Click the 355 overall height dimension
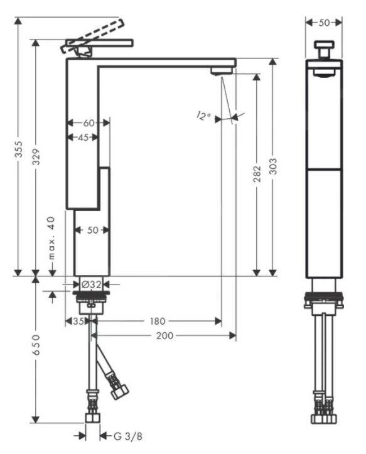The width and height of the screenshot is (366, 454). pos(19,149)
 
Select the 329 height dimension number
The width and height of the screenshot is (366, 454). pos(36,157)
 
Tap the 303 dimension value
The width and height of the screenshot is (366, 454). pos(272,166)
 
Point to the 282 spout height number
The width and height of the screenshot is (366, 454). pos(257,174)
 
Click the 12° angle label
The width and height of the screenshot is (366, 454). pos(203,116)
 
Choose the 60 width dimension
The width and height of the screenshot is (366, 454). pos(89,123)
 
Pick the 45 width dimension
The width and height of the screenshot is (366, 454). pos(83,138)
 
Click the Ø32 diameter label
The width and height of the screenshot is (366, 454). pos(91,284)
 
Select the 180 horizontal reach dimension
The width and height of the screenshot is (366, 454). pos(158,321)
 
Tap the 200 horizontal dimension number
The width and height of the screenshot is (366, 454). pos(164,335)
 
